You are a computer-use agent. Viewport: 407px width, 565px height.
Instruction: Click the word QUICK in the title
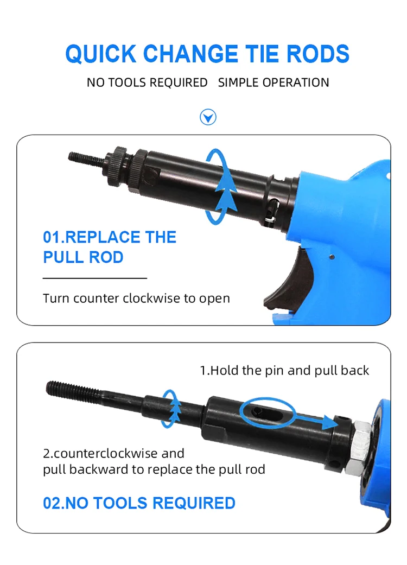[100, 54]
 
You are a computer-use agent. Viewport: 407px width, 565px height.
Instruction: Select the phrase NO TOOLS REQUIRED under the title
[147, 82]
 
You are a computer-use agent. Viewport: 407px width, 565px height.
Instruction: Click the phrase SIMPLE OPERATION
[274, 82]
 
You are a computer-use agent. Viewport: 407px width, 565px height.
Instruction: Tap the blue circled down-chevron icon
[208, 117]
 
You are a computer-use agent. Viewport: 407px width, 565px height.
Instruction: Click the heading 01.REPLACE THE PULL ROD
[110, 247]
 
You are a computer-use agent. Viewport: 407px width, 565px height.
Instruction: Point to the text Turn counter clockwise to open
[136, 298]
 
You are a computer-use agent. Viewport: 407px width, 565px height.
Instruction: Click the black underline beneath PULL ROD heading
[94, 278]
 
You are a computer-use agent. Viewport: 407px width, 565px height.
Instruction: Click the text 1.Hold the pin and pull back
[284, 371]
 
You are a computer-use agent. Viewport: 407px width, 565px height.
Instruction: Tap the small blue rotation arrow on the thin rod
[173, 408]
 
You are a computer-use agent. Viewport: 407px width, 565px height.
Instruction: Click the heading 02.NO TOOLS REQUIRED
[139, 503]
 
